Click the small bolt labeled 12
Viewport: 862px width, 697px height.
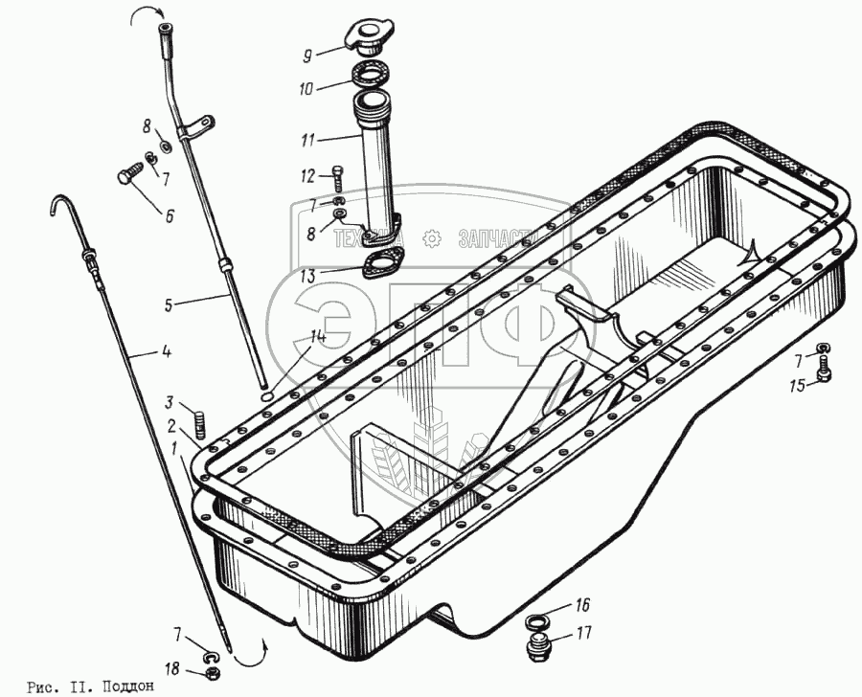coord(336,174)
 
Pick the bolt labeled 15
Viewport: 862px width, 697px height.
coord(821,374)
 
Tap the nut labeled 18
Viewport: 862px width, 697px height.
coord(214,672)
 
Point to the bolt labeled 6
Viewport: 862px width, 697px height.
coord(127,177)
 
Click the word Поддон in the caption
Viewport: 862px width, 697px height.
coord(126,686)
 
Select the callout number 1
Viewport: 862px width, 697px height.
coord(174,448)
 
